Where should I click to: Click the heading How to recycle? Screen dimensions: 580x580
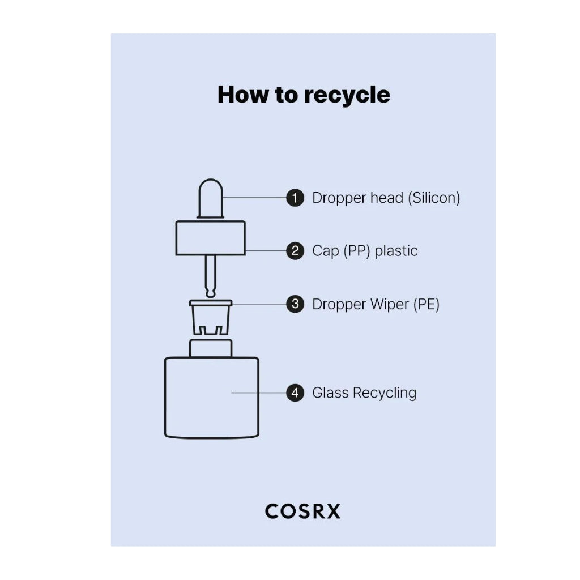click(x=304, y=95)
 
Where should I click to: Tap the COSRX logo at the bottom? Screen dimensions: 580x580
click(x=302, y=511)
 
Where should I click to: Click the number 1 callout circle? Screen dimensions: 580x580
click(x=295, y=198)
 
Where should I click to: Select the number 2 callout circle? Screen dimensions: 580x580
click(x=295, y=251)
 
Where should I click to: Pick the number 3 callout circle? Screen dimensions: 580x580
click(x=295, y=304)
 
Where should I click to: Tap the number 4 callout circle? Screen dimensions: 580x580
click(x=295, y=393)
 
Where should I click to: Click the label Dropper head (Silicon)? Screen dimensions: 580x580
click(x=386, y=198)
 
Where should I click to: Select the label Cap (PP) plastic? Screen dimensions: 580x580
click(x=365, y=251)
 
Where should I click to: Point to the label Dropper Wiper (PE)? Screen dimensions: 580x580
click(x=376, y=304)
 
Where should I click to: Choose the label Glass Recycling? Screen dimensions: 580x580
click(x=364, y=393)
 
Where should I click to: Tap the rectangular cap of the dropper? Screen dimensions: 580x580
click(x=211, y=238)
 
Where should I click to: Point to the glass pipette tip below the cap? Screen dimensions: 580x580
click(x=211, y=278)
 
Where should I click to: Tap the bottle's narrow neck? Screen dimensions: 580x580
click(x=211, y=348)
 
